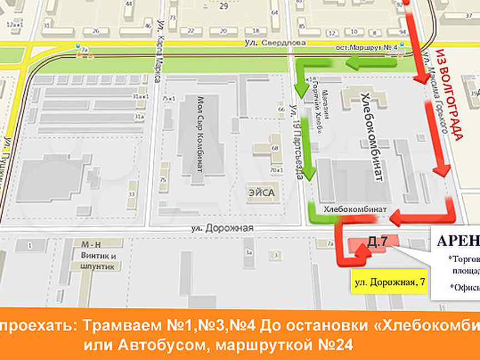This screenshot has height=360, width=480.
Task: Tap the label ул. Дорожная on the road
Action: [x=229, y=228]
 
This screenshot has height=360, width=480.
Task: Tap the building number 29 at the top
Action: [x=224, y=7]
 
